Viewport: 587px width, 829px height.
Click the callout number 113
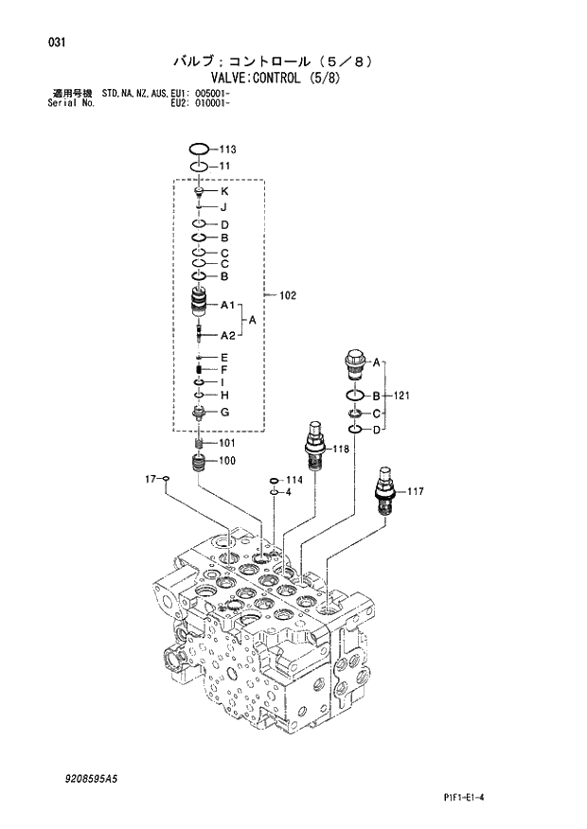coord(227,150)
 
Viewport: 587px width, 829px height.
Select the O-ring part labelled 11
coord(199,167)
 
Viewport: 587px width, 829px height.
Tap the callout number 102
coord(288,296)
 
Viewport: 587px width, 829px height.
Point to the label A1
coord(227,306)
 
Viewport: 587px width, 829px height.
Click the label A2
coord(227,336)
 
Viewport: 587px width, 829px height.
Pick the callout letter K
coord(224,192)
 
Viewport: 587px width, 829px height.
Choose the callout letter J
coord(224,207)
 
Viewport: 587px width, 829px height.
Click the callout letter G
coord(224,412)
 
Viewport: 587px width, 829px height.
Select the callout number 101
coord(227,443)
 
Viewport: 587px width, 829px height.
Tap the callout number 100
coord(227,462)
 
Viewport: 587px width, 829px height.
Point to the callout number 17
coord(150,480)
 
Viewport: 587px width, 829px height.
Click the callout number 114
coord(294,480)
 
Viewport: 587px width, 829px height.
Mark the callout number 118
coord(339,449)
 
